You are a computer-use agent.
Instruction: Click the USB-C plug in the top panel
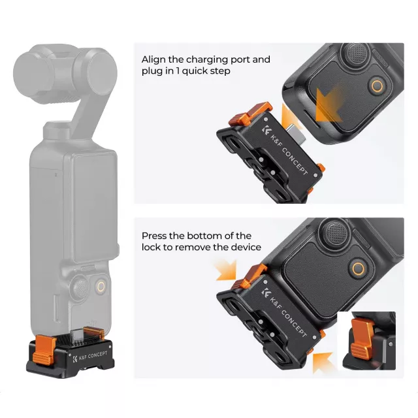298,133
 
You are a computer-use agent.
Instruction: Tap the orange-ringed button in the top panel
377,86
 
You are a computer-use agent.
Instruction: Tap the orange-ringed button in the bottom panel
358,268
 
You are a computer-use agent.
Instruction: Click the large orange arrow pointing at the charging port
329,105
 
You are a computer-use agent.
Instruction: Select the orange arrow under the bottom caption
226,270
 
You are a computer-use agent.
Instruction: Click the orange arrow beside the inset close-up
323,362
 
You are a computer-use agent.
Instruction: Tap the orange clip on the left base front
44,349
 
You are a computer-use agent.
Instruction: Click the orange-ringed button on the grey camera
101,287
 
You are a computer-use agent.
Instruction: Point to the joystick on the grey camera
81,287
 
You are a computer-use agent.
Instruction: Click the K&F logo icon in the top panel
266,130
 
